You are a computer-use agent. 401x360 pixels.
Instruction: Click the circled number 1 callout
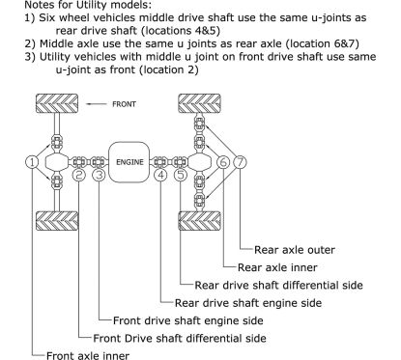[32, 162]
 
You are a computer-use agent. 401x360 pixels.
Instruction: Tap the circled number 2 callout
[79, 176]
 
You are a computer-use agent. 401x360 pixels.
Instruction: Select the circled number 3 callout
[99, 176]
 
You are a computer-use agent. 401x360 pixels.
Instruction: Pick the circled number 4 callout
[160, 176]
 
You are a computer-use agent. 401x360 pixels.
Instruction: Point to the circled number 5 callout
[181, 176]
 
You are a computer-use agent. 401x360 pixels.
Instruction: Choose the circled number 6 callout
[223, 162]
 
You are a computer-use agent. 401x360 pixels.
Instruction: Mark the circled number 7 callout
[240, 162]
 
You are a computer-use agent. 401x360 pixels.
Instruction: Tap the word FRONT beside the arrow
[124, 104]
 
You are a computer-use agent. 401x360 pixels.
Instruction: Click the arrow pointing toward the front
[97, 104]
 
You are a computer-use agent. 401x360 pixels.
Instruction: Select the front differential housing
[57, 162]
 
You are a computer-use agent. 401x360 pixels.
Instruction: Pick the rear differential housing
[199, 162]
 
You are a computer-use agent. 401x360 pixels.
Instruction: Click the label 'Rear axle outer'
[295, 250]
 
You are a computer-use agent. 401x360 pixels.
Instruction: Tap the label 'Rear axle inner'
[277, 267]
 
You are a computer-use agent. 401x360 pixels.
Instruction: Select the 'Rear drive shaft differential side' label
[278, 286]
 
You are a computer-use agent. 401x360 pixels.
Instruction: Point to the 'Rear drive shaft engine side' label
[248, 303]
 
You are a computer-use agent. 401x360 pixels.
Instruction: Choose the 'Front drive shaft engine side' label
[188, 320]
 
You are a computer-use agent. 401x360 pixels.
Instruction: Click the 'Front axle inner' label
[88, 355]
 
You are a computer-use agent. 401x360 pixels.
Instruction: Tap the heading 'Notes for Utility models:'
[88, 5]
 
